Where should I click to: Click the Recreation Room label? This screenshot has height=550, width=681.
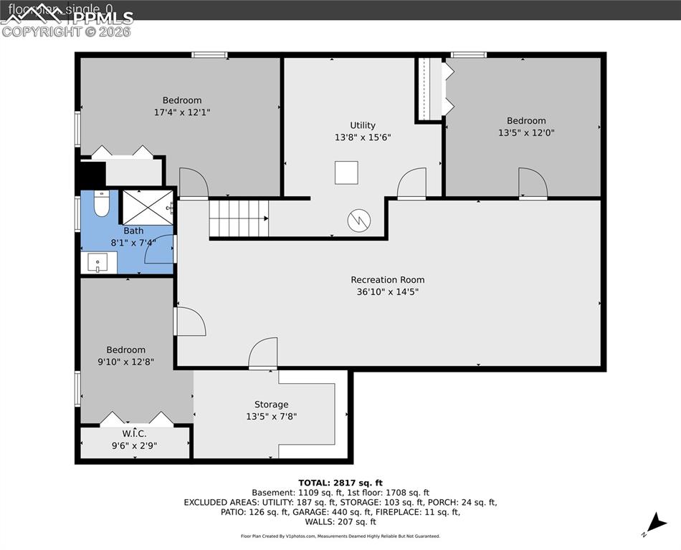387,279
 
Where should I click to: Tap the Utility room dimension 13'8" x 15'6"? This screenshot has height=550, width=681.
363,137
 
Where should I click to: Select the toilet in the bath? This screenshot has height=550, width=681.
101,204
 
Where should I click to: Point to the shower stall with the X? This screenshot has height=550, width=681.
147,208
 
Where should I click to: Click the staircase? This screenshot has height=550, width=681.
239,218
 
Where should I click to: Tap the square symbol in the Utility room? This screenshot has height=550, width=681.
346,173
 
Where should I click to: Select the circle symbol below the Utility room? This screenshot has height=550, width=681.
358,221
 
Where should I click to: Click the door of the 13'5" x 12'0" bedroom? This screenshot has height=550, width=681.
533,183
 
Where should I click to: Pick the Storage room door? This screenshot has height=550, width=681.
263,353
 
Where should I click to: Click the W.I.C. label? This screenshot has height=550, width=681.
134,433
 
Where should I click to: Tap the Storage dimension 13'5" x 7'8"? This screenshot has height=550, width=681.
271,416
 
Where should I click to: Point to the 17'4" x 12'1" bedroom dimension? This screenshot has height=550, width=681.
182,112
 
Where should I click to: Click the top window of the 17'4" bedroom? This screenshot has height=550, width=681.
209,54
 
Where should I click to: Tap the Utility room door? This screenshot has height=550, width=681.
411,183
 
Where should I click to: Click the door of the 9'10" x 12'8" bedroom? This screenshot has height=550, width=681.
190,322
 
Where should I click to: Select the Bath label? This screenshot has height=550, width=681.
133,231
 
